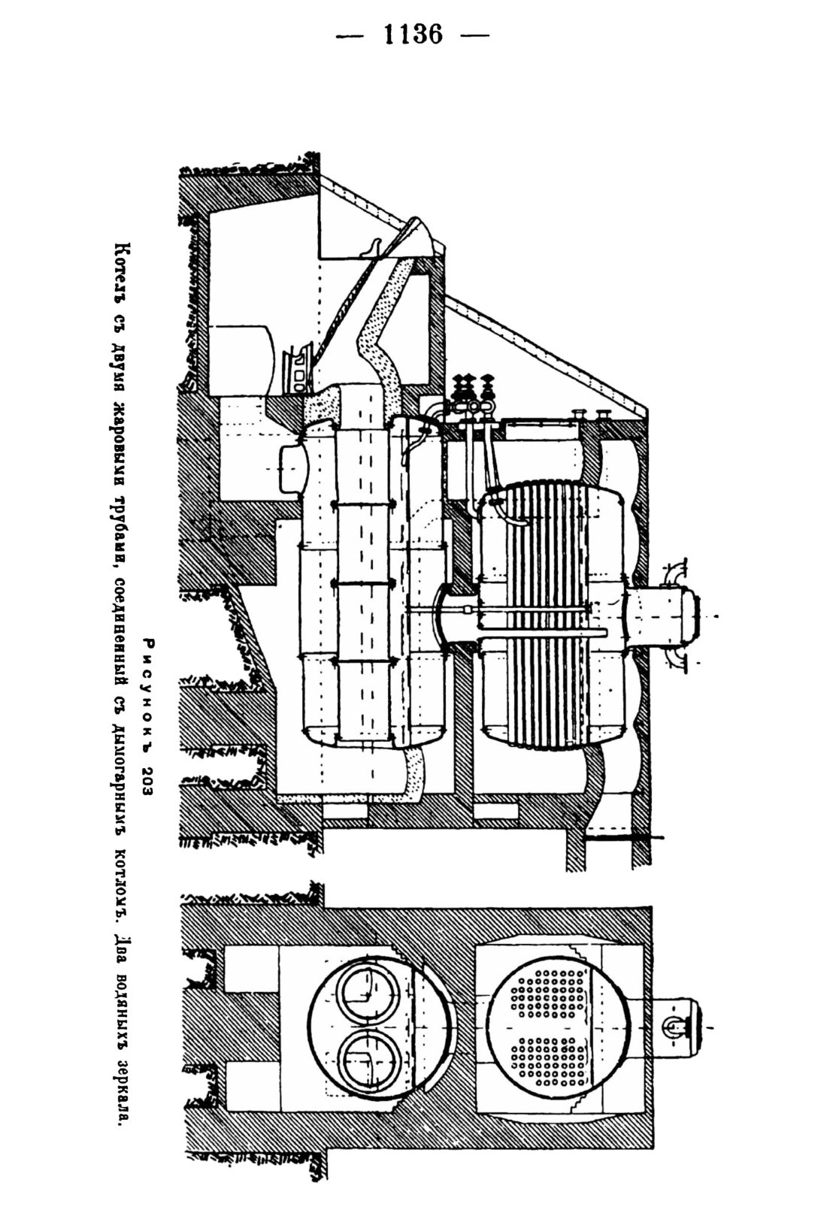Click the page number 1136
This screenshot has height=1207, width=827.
coord(413,35)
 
